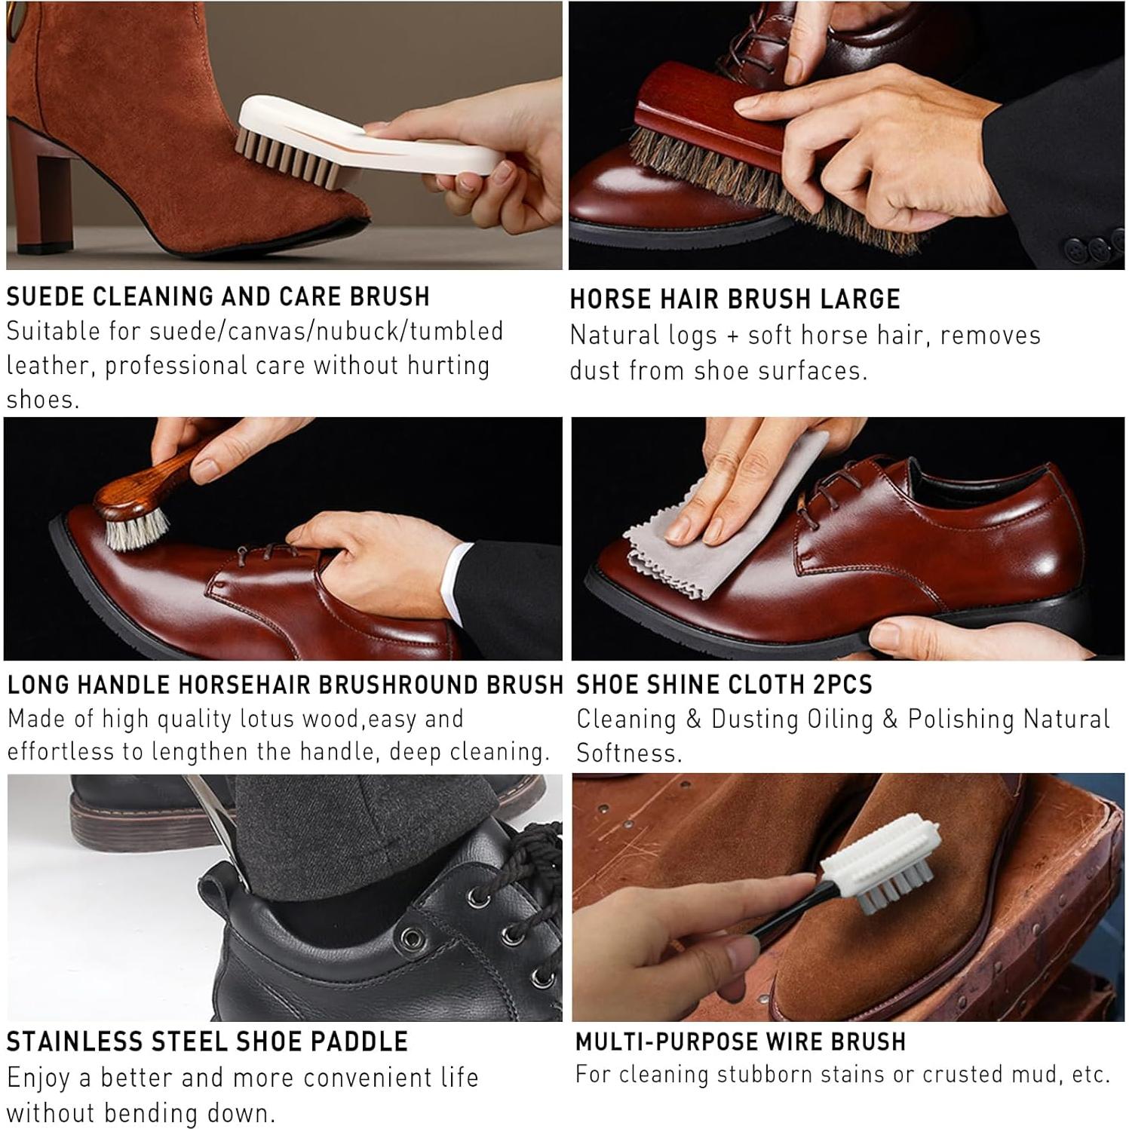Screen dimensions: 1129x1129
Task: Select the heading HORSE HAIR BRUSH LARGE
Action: [x=735, y=299]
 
